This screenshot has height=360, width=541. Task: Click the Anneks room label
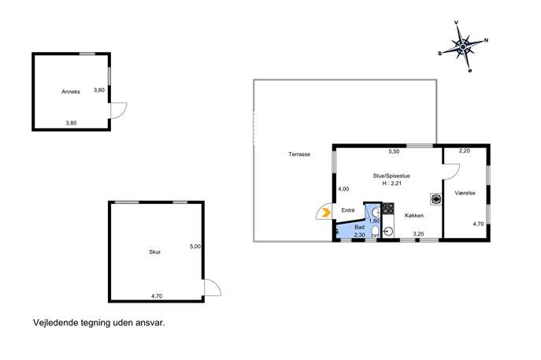coord(71,91)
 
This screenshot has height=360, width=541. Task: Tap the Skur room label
coord(154,252)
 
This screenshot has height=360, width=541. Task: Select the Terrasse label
coord(299,154)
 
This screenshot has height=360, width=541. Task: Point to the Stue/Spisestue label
coord(391,176)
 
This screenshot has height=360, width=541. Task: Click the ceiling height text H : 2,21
coord(391,184)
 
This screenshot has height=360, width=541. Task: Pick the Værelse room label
coord(465,193)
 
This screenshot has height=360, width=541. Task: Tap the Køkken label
coord(414,215)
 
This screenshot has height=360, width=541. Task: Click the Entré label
coord(348,210)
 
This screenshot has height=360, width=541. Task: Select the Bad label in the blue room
coord(359,228)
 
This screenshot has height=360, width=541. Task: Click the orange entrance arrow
coord(326,213)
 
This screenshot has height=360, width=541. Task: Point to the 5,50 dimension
coord(394,151)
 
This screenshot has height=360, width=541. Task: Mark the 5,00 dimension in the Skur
coord(195,247)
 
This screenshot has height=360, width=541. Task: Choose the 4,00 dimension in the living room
coord(343,189)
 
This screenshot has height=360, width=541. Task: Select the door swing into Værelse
coord(455,174)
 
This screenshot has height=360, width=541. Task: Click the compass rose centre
coord(463,46)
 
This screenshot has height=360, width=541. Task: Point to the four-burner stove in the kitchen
coord(388,208)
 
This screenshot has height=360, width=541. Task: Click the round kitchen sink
coord(388,231)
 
